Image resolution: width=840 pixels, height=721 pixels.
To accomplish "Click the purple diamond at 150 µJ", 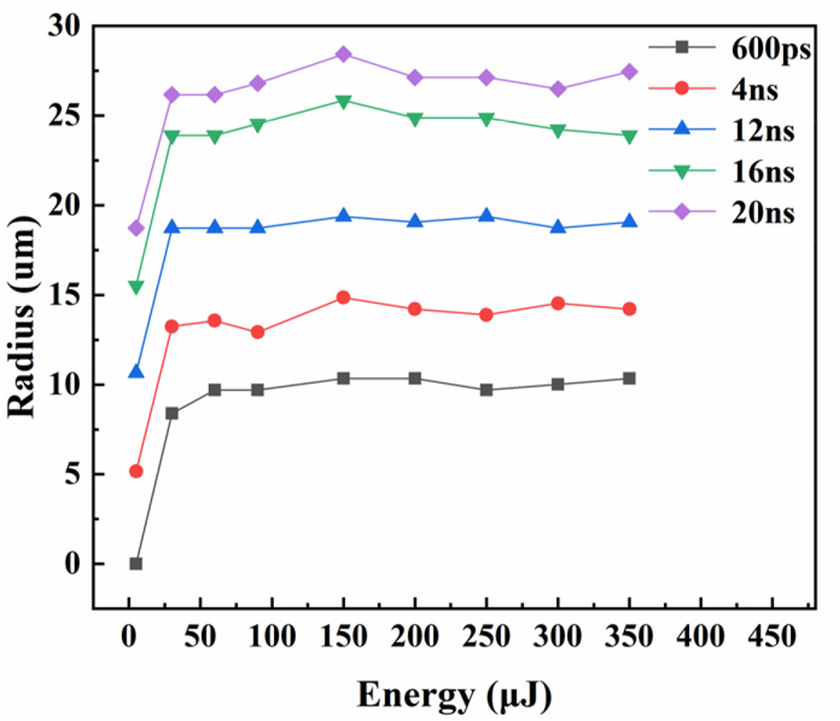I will [343, 54].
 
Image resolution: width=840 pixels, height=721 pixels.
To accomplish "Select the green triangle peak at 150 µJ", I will [343, 101].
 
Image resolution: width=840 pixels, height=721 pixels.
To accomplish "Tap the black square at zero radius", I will [136, 563].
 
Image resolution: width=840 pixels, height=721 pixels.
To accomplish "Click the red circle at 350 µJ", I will [629, 309].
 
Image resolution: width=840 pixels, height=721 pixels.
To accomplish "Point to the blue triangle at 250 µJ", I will [486, 216].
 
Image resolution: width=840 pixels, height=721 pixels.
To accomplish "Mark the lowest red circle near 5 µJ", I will [136, 471].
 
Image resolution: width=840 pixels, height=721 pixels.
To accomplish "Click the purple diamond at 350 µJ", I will [629, 72].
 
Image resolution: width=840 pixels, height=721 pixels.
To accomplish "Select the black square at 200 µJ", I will [414, 378].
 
